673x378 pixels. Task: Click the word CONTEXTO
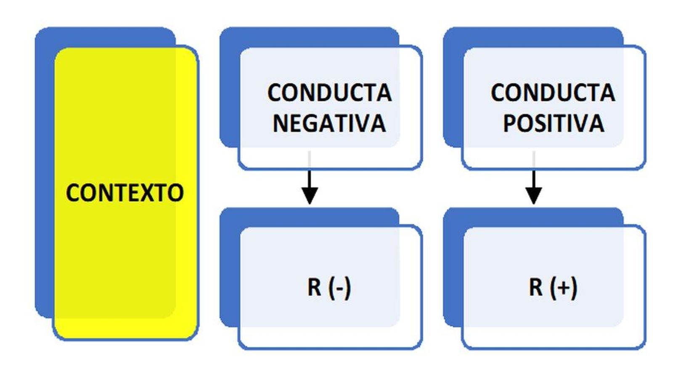(125, 193)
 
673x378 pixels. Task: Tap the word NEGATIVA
(329, 123)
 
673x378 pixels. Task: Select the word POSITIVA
(554, 123)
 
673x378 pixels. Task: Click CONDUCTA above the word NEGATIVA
(329, 93)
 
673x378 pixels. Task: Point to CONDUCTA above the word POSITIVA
(553, 93)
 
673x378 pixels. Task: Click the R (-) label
(329, 288)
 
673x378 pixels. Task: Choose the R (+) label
(553, 288)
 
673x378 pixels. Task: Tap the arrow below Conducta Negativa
(310, 185)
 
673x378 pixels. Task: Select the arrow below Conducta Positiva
(534, 185)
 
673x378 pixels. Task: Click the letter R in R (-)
(314, 288)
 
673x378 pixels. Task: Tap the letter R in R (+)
(536, 288)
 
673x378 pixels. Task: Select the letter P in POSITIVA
(510, 123)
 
